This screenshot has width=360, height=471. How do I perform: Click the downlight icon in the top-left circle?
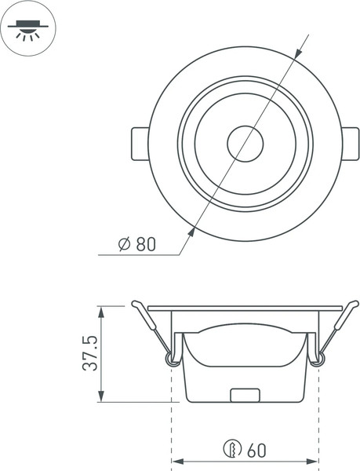27,27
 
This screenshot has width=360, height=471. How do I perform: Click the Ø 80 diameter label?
136,244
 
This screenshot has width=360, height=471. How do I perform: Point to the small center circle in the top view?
245,144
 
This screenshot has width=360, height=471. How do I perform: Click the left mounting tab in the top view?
138,144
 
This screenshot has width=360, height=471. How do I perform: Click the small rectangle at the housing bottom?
245,395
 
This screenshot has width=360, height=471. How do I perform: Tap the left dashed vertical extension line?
171,416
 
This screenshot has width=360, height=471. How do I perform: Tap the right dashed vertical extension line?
318,416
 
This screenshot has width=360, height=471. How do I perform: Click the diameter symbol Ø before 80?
124,244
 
